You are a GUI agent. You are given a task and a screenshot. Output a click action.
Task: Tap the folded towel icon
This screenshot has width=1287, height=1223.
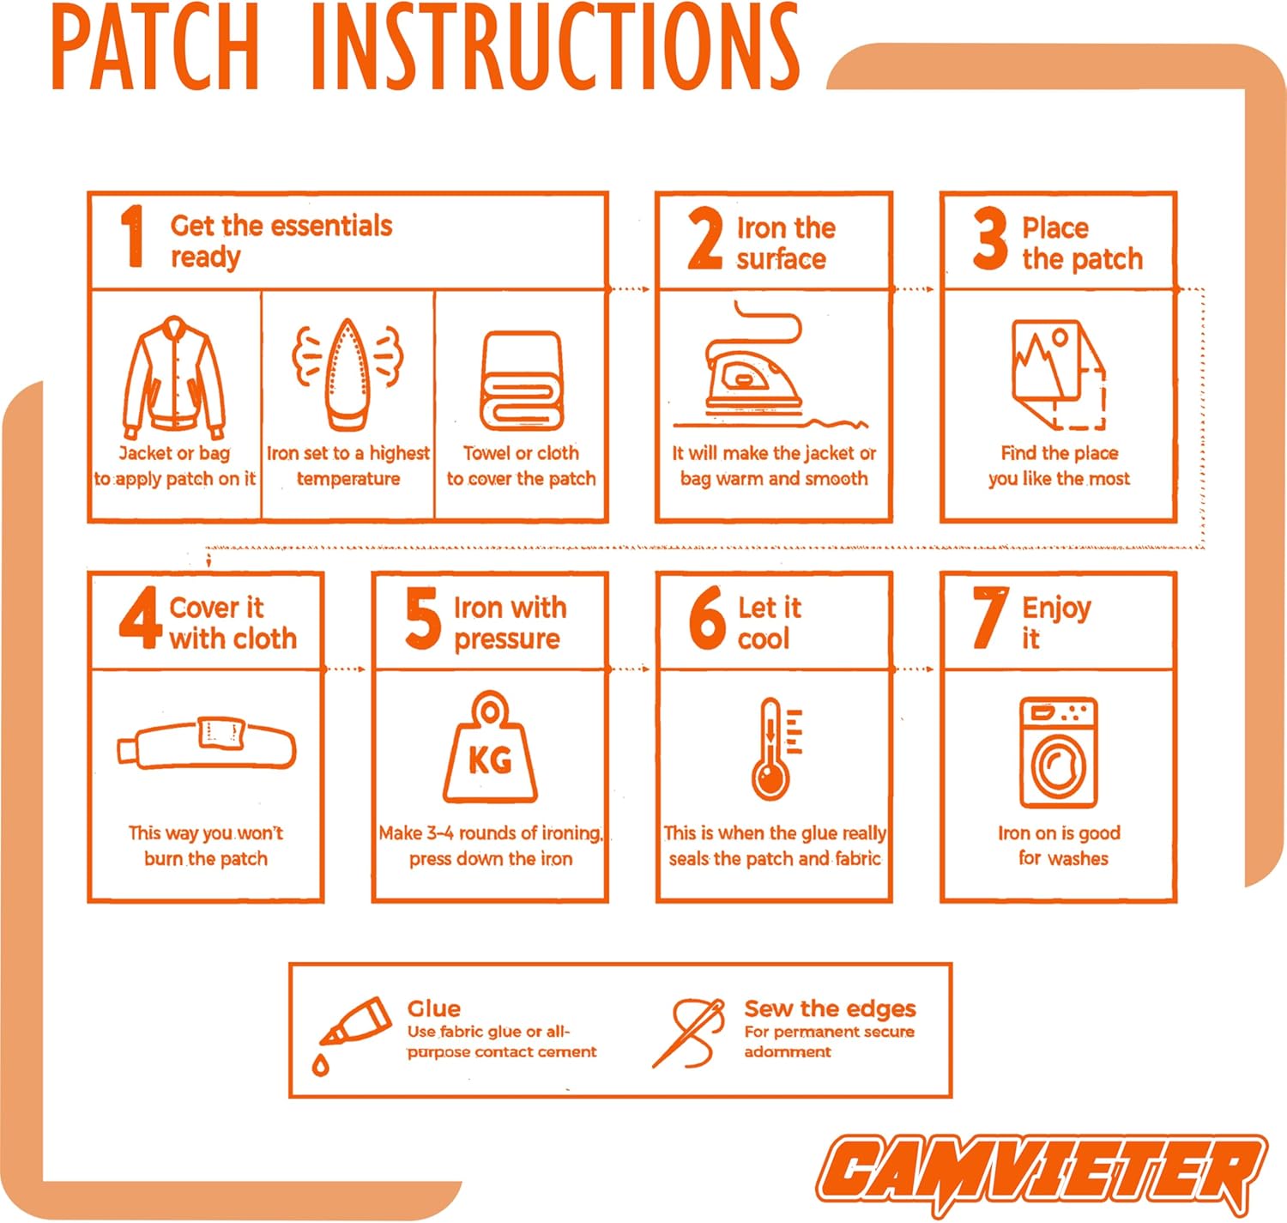coord(522,380)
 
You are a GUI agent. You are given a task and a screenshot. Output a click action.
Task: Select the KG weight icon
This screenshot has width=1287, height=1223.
coord(490,747)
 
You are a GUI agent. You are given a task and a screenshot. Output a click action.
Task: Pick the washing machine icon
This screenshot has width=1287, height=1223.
coord(1059,753)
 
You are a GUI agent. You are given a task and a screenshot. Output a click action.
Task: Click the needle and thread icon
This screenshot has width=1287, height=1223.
coord(689,1033)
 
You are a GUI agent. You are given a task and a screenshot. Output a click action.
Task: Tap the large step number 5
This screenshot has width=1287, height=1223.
coord(423,619)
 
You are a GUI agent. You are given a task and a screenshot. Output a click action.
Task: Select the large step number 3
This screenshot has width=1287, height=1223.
coord(990,239)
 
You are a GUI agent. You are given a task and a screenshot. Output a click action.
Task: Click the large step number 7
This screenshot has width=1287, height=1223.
coord(990,618)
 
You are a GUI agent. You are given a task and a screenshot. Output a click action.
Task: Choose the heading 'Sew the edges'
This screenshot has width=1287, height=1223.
coord(830,1008)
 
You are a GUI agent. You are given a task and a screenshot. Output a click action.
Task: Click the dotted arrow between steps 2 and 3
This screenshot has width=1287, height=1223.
coord(914,289)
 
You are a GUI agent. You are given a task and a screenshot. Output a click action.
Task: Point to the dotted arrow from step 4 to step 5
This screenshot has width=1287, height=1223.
coord(345,669)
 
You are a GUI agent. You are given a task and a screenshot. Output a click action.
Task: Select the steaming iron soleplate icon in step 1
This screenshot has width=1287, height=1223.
coord(347,374)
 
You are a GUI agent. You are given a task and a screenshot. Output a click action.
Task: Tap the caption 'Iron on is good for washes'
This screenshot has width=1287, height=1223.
coord(1060,845)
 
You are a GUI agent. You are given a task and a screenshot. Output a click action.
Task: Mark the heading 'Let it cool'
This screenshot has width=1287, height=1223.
coord(769,623)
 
